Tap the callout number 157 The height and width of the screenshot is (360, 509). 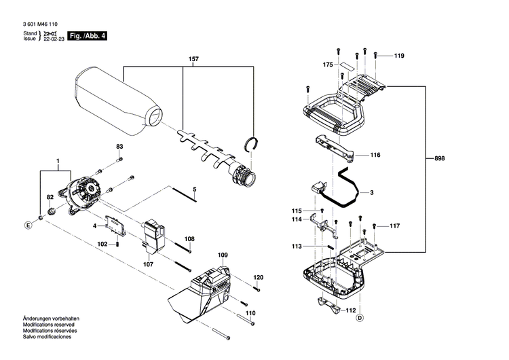point(193,60)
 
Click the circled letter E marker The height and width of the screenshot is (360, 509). point(29,224)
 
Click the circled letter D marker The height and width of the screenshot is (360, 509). point(359,317)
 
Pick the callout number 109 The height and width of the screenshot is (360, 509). point(223,255)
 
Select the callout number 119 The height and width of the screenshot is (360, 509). point(399,55)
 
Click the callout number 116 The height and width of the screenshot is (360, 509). point(375,155)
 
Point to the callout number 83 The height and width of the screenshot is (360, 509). point(119,147)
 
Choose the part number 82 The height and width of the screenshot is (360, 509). point(50,197)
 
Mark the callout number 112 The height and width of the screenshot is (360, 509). point(350,310)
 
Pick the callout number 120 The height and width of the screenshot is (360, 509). point(258,278)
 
